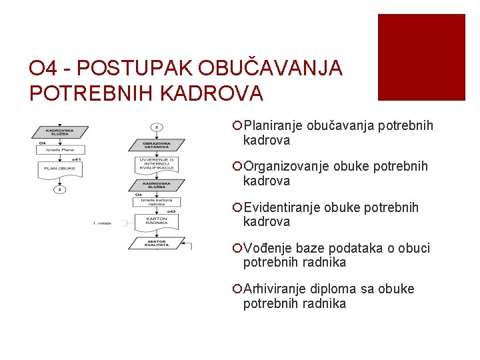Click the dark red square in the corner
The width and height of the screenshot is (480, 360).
click(x=421, y=57)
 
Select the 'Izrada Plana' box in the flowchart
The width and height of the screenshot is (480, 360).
click(x=59, y=151)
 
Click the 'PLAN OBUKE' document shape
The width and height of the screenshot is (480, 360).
click(x=59, y=169)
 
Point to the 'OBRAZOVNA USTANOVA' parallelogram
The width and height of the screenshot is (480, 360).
click(x=155, y=145)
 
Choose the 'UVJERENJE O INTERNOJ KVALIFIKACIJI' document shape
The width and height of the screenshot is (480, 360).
click(x=156, y=164)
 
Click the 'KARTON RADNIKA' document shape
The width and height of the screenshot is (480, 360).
click(x=156, y=221)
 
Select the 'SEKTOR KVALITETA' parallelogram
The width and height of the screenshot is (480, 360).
click(x=155, y=243)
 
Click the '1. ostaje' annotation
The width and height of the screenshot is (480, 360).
click(x=101, y=223)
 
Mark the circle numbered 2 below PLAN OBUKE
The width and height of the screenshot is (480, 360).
click(x=59, y=189)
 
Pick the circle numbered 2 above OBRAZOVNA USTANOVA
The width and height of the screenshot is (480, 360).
click(x=156, y=126)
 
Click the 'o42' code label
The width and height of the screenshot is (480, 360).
click(x=171, y=211)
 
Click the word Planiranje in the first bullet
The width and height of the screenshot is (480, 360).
click(x=273, y=126)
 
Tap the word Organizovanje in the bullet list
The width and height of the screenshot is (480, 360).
click(x=286, y=167)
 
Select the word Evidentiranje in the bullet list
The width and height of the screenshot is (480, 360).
click(x=283, y=207)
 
